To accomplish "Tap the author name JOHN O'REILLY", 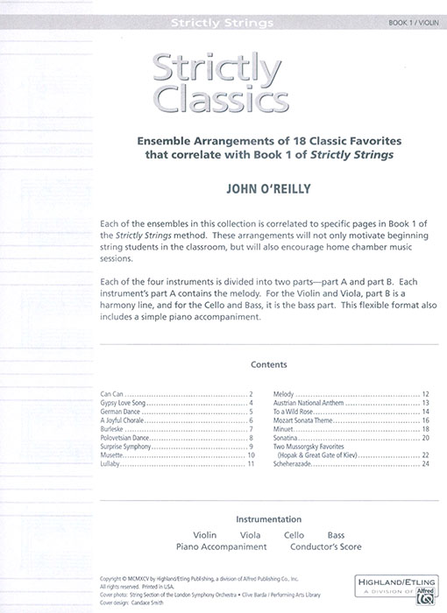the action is [223, 187].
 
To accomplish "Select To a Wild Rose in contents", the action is [293, 412].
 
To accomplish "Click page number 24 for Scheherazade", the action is [425, 463].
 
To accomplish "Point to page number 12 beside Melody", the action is [425, 395].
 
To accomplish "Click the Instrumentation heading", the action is [223, 519].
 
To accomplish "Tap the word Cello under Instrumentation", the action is [294, 534].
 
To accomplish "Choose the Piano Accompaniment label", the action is [221, 546].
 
